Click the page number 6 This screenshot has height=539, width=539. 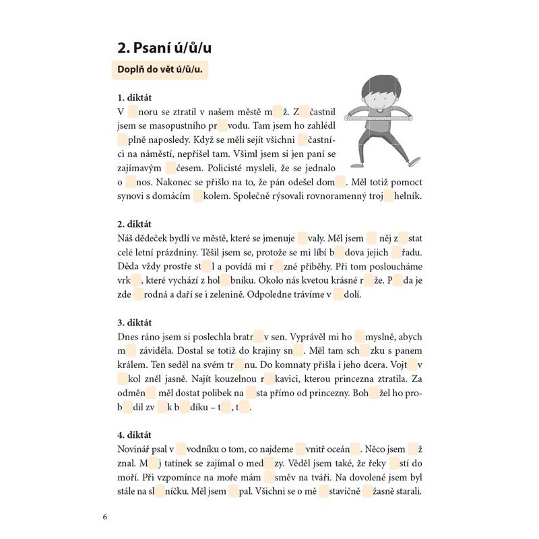click(x=105, y=517)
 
